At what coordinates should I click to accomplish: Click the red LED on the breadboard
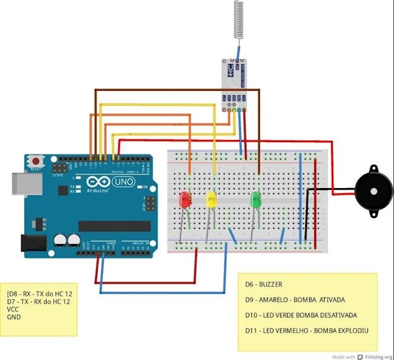[x=184, y=199]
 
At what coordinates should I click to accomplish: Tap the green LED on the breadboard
[x=256, y=198]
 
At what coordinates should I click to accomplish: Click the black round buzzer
[x=374, y=191]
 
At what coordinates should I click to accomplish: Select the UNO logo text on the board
[x=122, y=183]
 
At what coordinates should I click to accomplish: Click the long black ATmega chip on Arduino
[x=114, y=226]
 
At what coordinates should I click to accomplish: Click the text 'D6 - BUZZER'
[x=263, y=284]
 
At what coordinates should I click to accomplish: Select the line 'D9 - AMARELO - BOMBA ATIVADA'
[x=295, y=300]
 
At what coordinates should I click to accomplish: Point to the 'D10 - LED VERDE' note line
[x=301, y=315]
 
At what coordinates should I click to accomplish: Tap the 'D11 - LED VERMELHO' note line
[x=307, y=331]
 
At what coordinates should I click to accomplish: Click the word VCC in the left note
[x=13, y=310]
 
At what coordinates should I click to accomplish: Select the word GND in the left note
[x=14, y=318]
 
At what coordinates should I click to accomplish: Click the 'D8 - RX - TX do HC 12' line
[x=39, y=294]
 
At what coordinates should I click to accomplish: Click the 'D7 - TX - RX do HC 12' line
[x=39, y=302]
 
